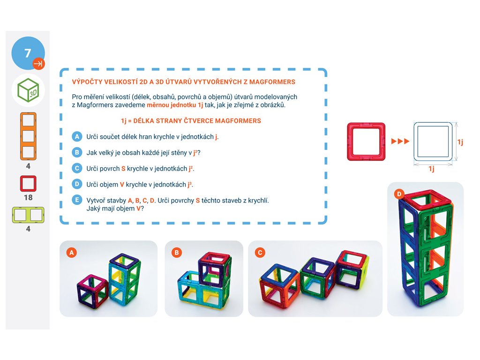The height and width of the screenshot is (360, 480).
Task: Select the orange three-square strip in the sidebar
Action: (x=28, y=136)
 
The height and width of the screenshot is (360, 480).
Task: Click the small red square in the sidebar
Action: (x=28, y=183)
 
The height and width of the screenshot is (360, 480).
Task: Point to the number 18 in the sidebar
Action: (x=28, y=197)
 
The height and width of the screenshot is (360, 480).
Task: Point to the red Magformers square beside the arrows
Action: (x=366, y=142)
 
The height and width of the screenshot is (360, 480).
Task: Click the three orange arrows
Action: (x=400, y=142)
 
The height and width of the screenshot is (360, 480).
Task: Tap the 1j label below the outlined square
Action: (x=431, y=169)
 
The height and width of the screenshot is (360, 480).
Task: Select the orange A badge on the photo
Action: (x=72, y=253)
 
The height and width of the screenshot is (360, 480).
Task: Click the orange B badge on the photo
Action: (x=177, y=253)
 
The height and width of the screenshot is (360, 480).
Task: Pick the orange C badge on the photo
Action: (x=260, y=253)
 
